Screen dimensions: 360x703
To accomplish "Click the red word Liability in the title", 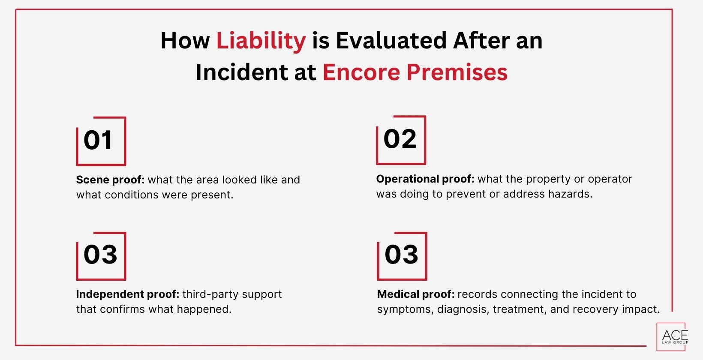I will pyautogui.click(x=261, y=41).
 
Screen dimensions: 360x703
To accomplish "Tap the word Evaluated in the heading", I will pyautogui.click(x=391, y=41).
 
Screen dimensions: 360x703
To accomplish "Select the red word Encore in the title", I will pyautogui.click(x=361, y=72).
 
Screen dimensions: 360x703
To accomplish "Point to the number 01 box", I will pyautogui.click(x=101, y=141).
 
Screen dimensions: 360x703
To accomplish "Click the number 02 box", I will pyautogui.click(x=400, y=140).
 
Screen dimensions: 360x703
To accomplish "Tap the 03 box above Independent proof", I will pyautogui.click(x=101, y=255).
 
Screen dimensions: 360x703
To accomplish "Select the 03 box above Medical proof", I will pyautogui.click(x=402, y=255).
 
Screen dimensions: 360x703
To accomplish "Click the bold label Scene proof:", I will pyautogui.click(x=110, y=180).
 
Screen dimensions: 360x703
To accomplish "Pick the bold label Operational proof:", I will pyautogui.click(x=425, y=179).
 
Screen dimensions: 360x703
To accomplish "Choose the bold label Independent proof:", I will pyautogui.click(x=127, y=294).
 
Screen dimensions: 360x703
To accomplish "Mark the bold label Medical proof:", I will pyautogui.click(x=415, y=294).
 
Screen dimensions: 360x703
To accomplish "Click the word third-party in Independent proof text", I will pyautogui.click(x=205, y=294).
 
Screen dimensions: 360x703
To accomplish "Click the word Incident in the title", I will pyautogui.click(x=241, y=72).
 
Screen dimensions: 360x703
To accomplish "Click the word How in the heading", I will pyautogui.click(x=185, y=41).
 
